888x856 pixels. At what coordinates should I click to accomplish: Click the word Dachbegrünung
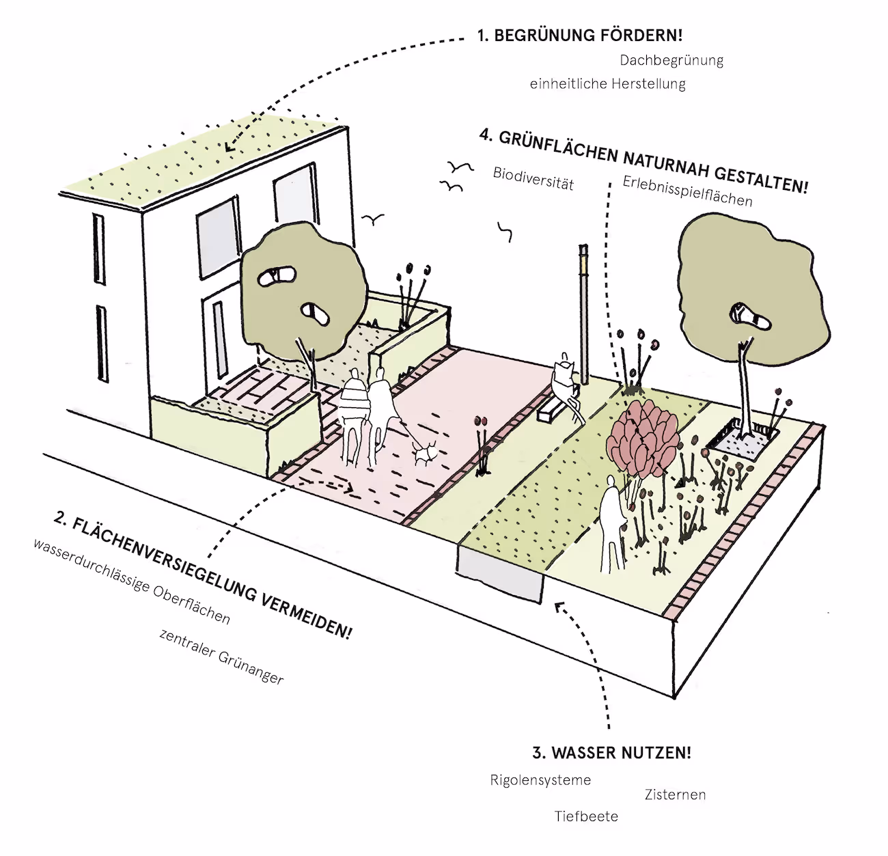tap(671, 60)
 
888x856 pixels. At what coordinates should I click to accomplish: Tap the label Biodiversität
tap(533, 178)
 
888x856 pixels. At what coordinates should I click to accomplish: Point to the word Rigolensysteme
tap(540, 780)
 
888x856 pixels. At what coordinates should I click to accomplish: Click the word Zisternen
tap(675, 795)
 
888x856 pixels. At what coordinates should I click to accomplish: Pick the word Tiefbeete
tap(586, 816)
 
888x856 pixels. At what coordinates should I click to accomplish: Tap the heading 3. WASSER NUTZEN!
tap(611, 753)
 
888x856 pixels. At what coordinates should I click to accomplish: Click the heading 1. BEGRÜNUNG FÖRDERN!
tap(579, 36)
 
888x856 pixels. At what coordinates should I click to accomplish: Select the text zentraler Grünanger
tap(221, 656)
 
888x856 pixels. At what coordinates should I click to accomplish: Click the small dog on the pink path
tap(426, 452)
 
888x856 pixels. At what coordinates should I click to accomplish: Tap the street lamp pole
tap(584, 314)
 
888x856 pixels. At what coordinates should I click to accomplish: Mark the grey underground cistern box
tap(500, 567)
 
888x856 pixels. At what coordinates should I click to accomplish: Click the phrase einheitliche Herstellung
tap(607, 84)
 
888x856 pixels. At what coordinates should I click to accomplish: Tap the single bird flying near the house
tap(373, 219)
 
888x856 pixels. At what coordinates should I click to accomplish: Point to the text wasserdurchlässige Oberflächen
tap(132, 581)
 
